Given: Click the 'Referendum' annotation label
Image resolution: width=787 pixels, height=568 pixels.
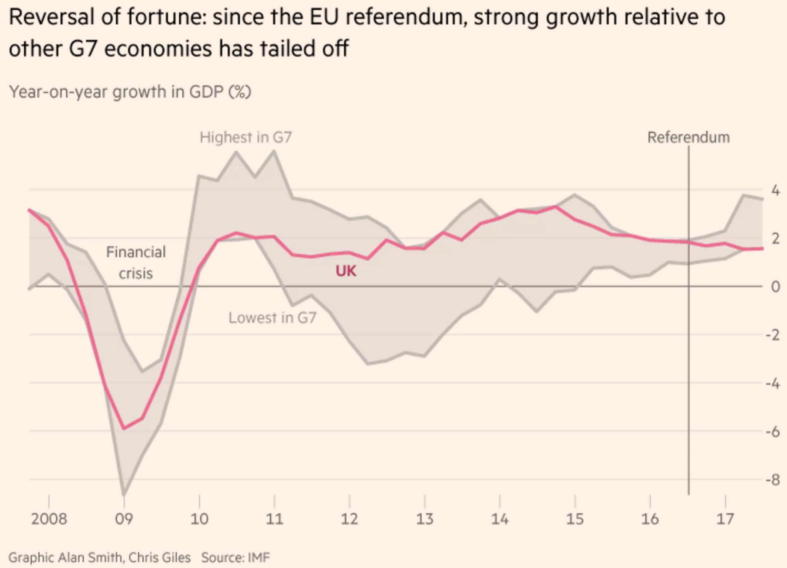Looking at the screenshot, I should [688, 137].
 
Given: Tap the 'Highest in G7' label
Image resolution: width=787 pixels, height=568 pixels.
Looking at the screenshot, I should [246, 137].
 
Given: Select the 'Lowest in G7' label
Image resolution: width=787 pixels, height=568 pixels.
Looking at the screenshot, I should [272, 318].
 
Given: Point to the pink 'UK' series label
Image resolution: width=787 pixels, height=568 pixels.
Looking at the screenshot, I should [346, 271].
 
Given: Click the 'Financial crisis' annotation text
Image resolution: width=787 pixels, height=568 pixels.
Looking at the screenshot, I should [136, 263].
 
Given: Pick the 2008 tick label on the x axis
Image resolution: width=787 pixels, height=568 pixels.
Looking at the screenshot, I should [49, 519].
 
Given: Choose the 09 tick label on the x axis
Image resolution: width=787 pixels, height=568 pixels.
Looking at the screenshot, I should [124, 519].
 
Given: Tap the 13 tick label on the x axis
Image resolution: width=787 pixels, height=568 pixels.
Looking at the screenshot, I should [425, 519].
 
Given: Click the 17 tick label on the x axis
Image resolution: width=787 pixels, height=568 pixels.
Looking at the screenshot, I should [725, 519].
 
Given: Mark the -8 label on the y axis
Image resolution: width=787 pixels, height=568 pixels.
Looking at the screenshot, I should [773, 480].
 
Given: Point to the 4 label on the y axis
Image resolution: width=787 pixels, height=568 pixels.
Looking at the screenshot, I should [776, 191].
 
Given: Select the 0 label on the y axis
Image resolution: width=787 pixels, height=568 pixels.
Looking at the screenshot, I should [776, 287].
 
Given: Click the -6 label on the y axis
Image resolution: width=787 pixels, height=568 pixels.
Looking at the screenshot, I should [773, 431].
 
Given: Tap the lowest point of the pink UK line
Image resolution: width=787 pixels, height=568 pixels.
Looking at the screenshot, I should [124, 428].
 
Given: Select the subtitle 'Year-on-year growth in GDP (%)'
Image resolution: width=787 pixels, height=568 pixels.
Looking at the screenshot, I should [130, 92].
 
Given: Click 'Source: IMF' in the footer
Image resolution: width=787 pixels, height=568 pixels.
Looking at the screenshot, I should [236, 557].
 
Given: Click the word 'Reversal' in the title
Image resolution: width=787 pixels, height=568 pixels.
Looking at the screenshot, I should [51, 17].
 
